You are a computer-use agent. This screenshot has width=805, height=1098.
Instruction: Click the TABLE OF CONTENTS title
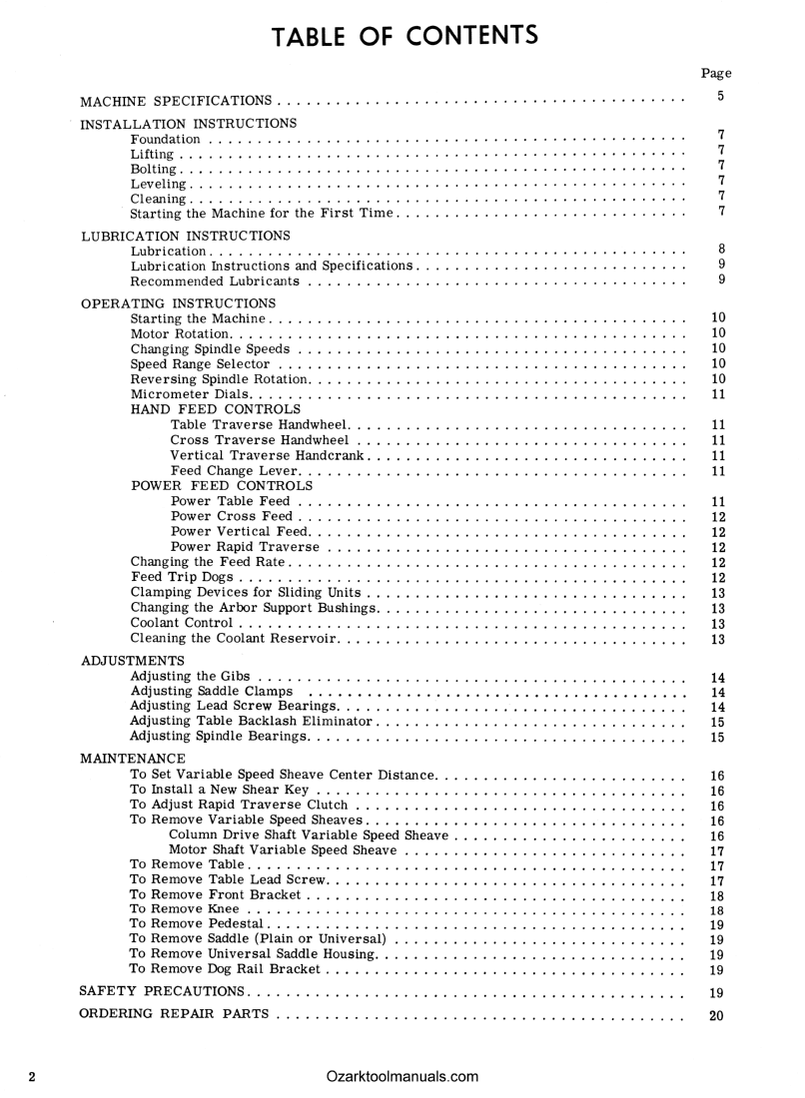point(404,36)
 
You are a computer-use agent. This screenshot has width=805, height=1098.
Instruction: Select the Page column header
point(716,73)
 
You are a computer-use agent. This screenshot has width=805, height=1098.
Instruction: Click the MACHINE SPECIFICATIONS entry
point(176,102)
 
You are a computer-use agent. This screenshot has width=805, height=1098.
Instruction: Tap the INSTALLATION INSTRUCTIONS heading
point(188,124)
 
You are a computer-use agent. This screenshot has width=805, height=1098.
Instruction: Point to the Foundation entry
point(166,139)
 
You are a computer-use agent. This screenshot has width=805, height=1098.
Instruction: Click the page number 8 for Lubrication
point(720,250)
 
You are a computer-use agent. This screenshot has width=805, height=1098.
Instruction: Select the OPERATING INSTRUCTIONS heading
point(177,302)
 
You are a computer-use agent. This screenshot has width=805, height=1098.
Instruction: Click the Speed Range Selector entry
point(201,364)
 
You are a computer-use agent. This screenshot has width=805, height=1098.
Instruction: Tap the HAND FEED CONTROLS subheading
point(216,409)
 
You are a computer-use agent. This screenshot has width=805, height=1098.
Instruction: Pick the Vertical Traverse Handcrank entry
point(269,455)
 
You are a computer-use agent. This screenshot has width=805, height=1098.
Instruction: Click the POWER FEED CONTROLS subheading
point(222,485)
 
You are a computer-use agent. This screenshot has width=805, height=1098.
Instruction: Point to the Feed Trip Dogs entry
point(183,577)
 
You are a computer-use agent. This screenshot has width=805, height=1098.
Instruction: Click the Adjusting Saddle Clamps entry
point(212,692)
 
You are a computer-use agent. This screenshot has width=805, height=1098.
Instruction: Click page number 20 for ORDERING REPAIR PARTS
point(716,1016)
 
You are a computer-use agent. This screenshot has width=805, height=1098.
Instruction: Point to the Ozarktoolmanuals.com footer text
point(402,1076)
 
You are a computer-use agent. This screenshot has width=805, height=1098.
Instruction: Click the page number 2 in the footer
point(33,1076)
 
